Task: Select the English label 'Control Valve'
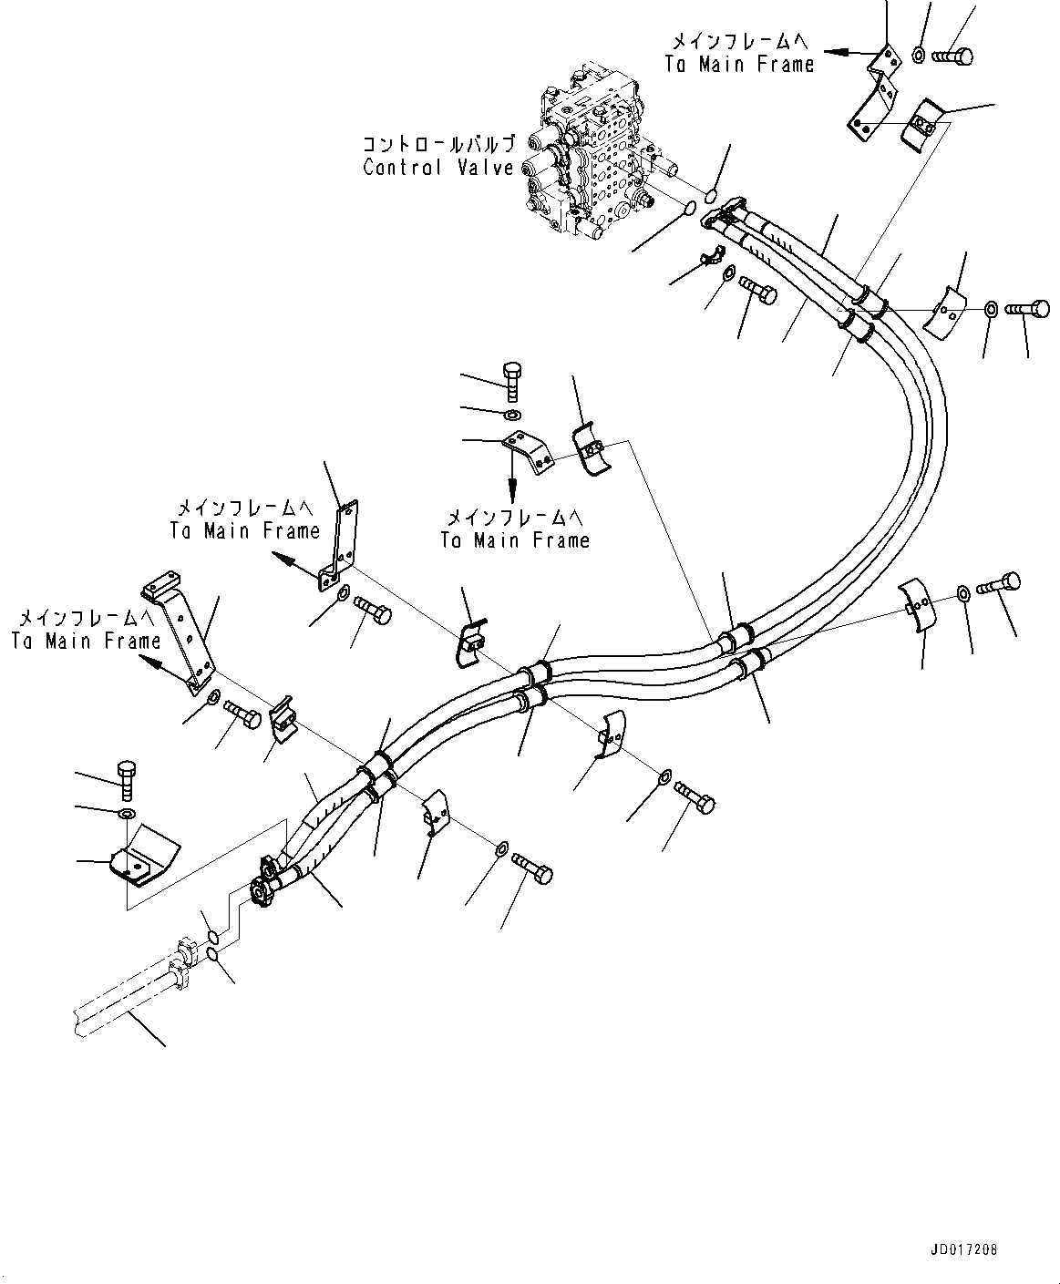click(438, 168)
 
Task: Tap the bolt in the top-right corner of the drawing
click(953, 56)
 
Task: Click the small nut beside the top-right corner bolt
click(919, 56)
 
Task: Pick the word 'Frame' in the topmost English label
click(786, 64)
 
